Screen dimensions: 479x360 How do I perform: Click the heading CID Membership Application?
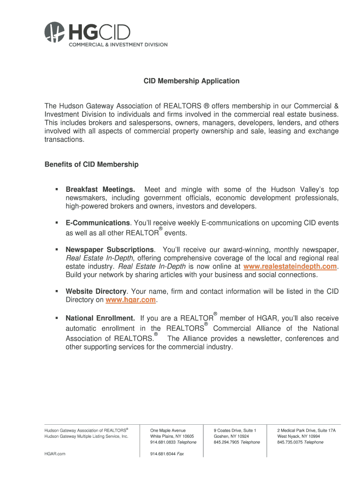191,81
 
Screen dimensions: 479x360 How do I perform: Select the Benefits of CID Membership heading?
92,164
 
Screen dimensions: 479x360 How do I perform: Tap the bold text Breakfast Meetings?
101,189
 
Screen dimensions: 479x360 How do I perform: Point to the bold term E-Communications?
98,223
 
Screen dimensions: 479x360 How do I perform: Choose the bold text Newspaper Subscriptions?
109,249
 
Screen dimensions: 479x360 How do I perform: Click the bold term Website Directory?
96,291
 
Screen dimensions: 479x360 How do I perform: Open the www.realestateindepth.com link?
290,266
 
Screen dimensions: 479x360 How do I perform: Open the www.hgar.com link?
131,299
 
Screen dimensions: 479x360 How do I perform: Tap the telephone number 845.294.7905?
226,442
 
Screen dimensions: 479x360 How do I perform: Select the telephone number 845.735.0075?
290,442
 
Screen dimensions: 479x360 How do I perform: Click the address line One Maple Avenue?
168,430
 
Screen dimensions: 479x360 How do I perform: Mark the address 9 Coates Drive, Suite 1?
235,430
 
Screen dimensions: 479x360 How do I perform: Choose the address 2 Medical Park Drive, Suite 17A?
306,430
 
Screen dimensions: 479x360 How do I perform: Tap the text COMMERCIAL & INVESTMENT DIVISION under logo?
118,44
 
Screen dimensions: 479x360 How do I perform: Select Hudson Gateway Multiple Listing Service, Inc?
86,436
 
